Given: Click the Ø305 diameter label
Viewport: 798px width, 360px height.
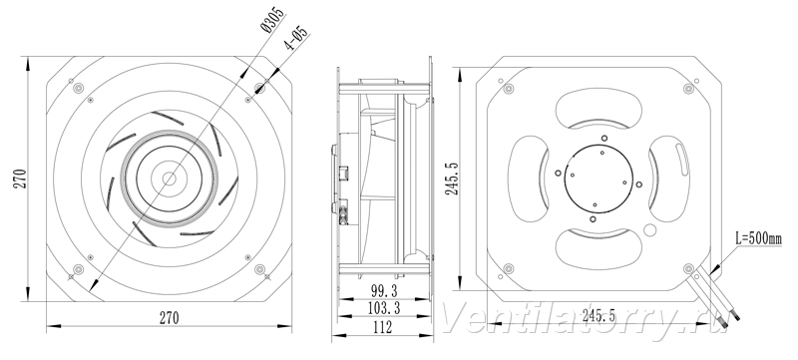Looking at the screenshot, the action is pos(272,20).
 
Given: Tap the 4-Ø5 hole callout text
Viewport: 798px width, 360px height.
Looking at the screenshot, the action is pos(296,38).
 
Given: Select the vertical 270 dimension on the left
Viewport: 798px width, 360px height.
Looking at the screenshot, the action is pos(20,179).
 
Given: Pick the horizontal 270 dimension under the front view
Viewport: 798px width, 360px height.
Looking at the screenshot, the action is pos(170,318).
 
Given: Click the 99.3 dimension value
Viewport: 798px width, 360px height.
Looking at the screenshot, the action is pos(384,291).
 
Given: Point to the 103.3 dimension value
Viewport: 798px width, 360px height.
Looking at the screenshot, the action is pos(384,307).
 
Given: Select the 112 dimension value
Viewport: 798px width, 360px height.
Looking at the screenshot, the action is pos(382,327).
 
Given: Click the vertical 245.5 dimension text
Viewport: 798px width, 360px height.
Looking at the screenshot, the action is pos(453,179).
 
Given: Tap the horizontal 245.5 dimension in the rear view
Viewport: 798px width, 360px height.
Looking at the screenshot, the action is pos(599,316).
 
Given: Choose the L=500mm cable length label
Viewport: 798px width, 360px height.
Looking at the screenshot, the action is pos(759,238).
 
